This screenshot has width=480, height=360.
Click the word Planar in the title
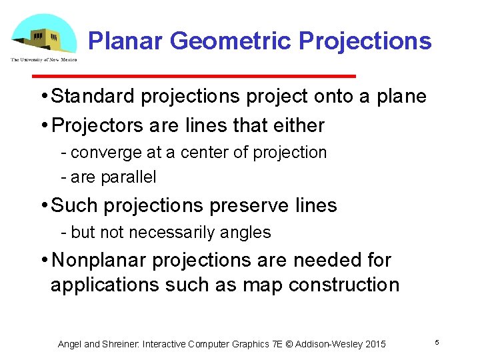coord(126,41)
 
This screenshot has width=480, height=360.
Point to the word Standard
coord(93,97)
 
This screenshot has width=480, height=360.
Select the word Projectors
coord(89,125)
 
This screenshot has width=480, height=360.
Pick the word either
coord(301,125)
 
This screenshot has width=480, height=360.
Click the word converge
coord(106,153)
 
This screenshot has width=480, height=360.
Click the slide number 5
coord(437,342)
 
